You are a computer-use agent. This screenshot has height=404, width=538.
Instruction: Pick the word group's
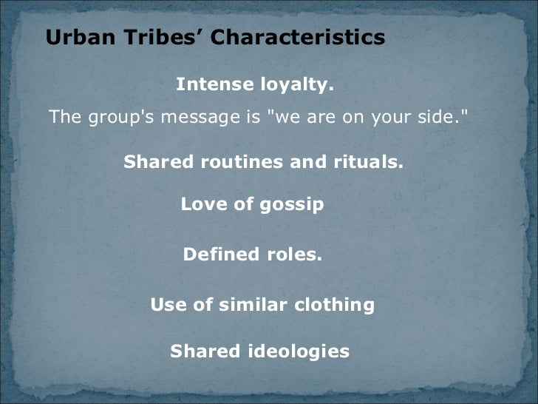(x=115, y=118)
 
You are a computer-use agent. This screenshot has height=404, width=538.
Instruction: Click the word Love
(x=205, y=205)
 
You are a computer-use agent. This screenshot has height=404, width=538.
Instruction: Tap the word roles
(x=294, y=255)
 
